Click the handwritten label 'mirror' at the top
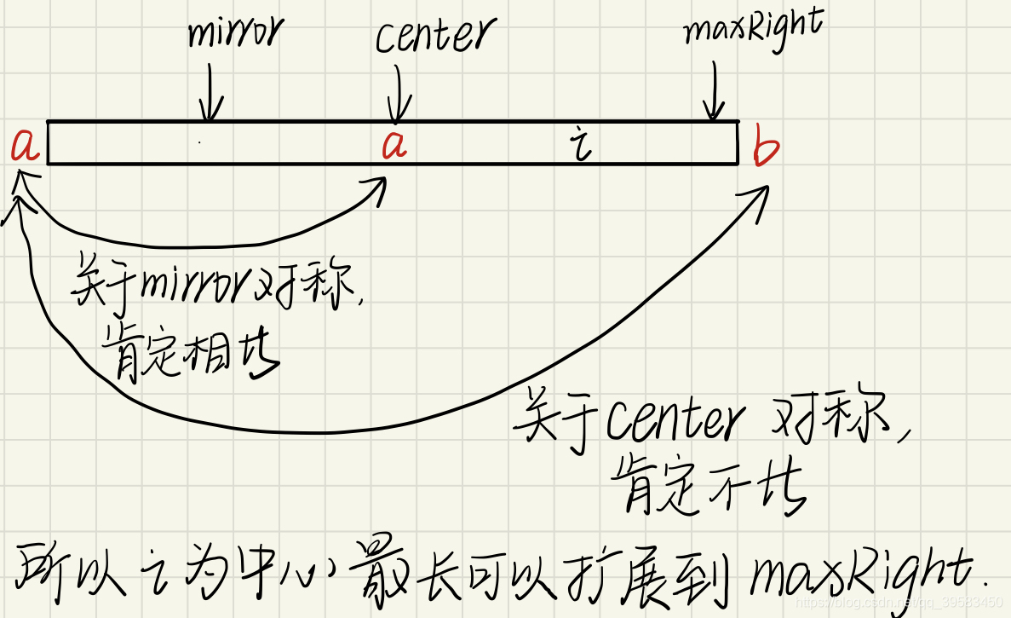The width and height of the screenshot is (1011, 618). pos(234,34)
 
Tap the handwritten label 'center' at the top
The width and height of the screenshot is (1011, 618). pos(434,36)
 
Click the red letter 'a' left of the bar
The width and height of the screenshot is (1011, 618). pos(26,147)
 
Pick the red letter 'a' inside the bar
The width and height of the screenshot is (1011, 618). pos(393,147)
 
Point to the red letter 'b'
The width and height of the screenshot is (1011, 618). pos(766,149)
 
